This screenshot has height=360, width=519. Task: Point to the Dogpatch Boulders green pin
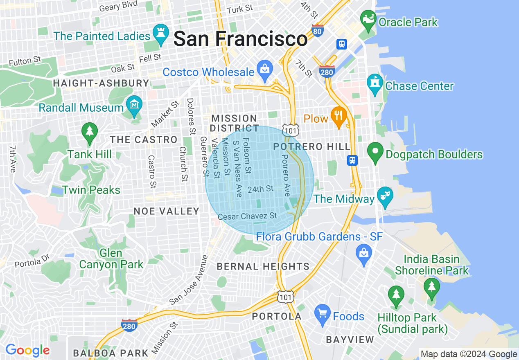click(375, 153)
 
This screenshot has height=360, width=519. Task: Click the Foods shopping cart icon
click(323, 315)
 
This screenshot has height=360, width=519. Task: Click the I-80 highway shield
click(317, 30)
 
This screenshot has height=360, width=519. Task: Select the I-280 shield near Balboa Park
click(129, 326)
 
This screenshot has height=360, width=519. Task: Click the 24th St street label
click(260, 189)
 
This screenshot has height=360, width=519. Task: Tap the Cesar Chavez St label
click(247, 216)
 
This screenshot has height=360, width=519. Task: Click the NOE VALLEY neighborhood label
click(167, 211)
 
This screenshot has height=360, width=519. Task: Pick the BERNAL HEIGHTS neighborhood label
click(263, 267)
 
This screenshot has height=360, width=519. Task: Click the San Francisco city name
click(240, 39)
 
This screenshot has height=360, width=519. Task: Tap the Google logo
click(27, 350)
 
